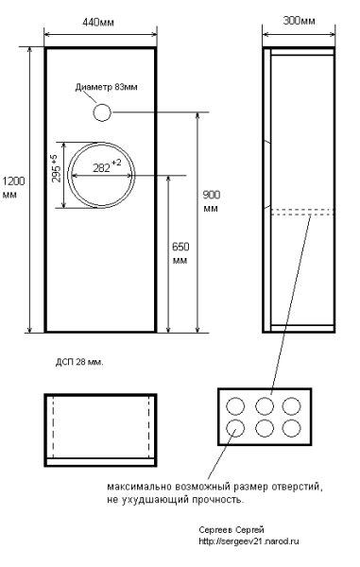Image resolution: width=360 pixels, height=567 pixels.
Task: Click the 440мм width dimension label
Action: (98, 23)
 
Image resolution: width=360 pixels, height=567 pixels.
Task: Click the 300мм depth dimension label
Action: (299, 21)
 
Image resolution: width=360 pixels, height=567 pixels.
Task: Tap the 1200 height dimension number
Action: (14, 180)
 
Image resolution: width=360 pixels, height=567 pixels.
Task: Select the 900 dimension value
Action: (211, 195)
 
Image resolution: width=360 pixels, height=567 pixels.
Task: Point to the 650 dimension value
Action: (180, 247)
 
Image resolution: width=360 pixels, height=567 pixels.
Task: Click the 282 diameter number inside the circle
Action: (101, 168)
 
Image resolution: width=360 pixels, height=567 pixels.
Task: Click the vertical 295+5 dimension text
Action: (56, 168)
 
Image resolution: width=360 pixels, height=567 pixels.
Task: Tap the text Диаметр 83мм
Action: (106, 87)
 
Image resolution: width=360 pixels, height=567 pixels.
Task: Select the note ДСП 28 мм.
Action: (79, 363)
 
